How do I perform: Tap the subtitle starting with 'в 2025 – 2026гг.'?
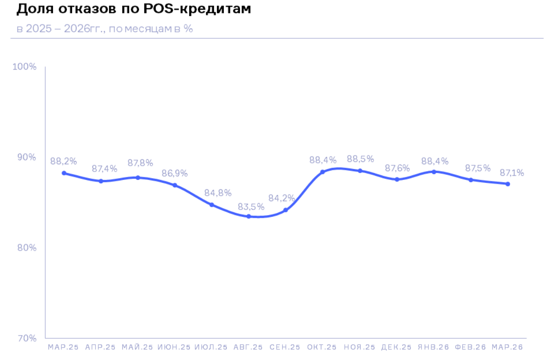click(x=105, y=29)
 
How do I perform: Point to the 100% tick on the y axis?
click(x=24, y=67)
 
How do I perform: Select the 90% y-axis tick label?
click(x=26, y=157)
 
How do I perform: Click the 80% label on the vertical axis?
click(x=26, y=248)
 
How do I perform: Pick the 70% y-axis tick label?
click(x=26, y=338)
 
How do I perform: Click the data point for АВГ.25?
click(x=249, y=216)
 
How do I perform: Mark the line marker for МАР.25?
click(x=64, y=173)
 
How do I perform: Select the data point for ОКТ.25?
click(x=323, y=172)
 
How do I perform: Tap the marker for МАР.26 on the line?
click(x=508, y=184)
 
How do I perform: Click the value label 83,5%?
click(x=251, y=206)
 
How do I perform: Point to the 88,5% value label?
click(x=360, y=159)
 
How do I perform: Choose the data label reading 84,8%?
click(x=217, y=193)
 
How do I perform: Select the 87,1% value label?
click(x=512, y=173)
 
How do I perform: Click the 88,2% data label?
click(x=64, y=162)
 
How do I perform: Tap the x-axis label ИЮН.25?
click(x=174, y=347)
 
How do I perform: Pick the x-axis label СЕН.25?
click(x=285, y=347)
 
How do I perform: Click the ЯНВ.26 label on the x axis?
click(x=434, y=347)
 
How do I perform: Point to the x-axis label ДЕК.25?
click(x=397, y=347)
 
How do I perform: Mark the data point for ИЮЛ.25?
click(x=212, y=204)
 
